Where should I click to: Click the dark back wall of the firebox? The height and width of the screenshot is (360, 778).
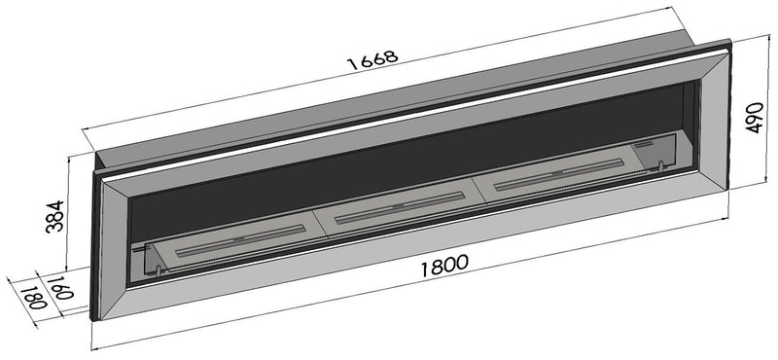tap(389, 156)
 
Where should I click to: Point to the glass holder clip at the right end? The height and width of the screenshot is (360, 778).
tap(660, 166)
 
